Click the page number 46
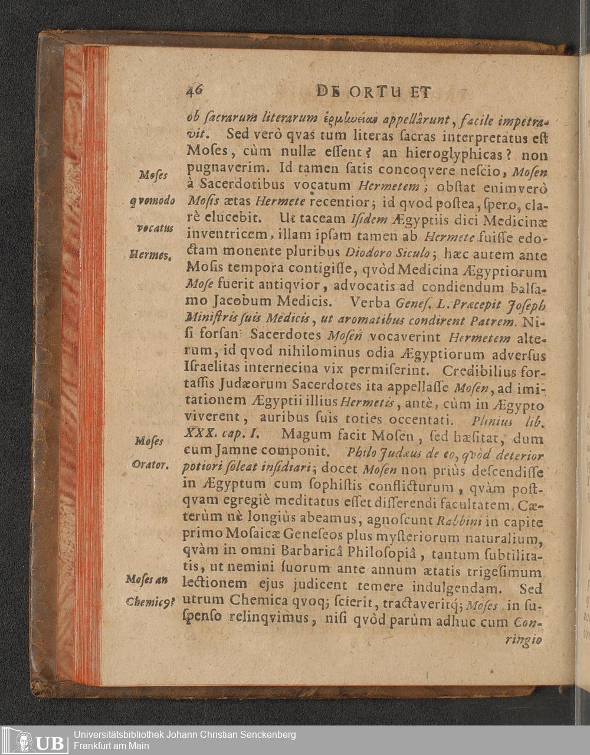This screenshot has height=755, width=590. (194, 90)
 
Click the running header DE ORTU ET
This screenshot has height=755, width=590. (375, 93)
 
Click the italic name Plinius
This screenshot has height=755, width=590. (492, 421)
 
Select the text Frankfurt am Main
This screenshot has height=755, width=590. (112, 746)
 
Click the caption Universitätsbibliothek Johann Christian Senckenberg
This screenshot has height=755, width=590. (185, 734)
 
